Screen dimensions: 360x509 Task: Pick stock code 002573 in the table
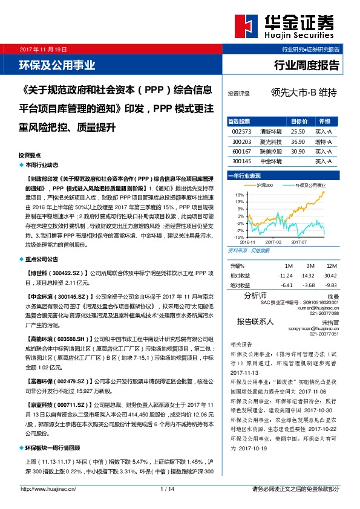241,131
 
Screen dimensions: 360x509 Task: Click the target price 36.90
298,141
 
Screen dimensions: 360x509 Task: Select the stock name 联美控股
270,151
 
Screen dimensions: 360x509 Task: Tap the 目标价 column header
299,121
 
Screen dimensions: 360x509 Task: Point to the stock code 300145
241,161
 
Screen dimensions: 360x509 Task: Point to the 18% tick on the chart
240,195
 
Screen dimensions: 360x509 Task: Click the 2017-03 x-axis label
273,241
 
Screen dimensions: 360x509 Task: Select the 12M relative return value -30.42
330,275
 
